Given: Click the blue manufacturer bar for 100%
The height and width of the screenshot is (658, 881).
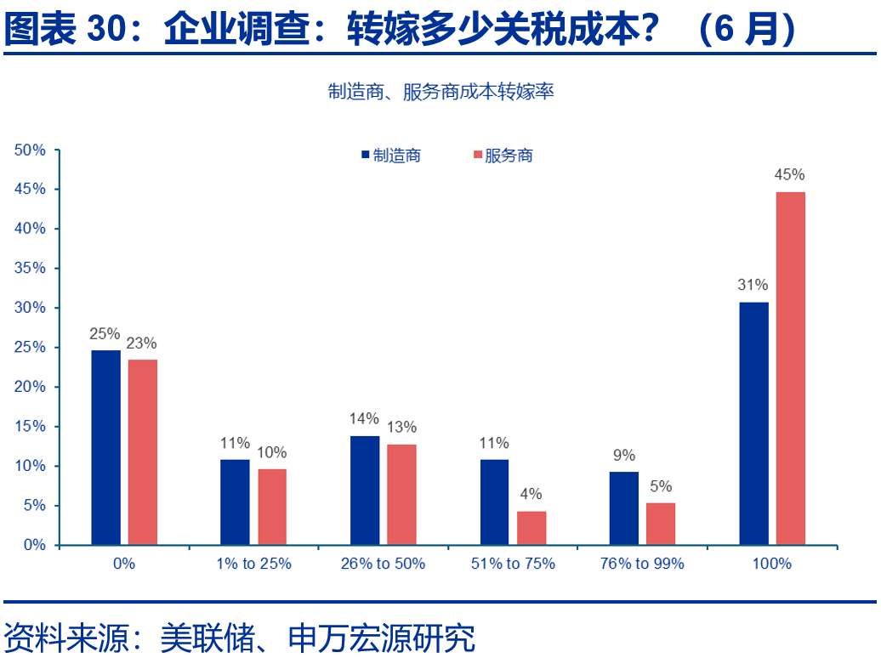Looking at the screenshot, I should point(753,423).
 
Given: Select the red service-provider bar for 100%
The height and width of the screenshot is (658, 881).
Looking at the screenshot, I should point(790,368).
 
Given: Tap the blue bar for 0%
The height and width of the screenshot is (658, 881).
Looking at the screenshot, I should point(105,447).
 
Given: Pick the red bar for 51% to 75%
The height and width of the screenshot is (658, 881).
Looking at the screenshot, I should point(531,527).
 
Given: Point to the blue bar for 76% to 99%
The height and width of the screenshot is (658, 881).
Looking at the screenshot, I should point(624,508).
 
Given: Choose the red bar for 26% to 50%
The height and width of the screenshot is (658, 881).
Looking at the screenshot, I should point(401,494).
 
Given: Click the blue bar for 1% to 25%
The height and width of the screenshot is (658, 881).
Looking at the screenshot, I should point(235,502).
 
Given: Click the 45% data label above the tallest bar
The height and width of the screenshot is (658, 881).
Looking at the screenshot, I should point(789,174).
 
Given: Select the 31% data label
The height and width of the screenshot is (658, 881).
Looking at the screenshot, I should point(753,285).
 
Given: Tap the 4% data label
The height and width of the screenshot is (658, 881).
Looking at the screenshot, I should point(531,494).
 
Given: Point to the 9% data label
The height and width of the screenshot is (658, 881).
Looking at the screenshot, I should point(624,455).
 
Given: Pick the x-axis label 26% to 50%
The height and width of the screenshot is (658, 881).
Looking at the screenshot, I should point(383,564).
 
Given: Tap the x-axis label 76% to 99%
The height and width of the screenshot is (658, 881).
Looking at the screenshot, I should point(642,564).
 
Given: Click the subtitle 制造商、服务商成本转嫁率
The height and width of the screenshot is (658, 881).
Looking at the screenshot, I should point(440,92).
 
